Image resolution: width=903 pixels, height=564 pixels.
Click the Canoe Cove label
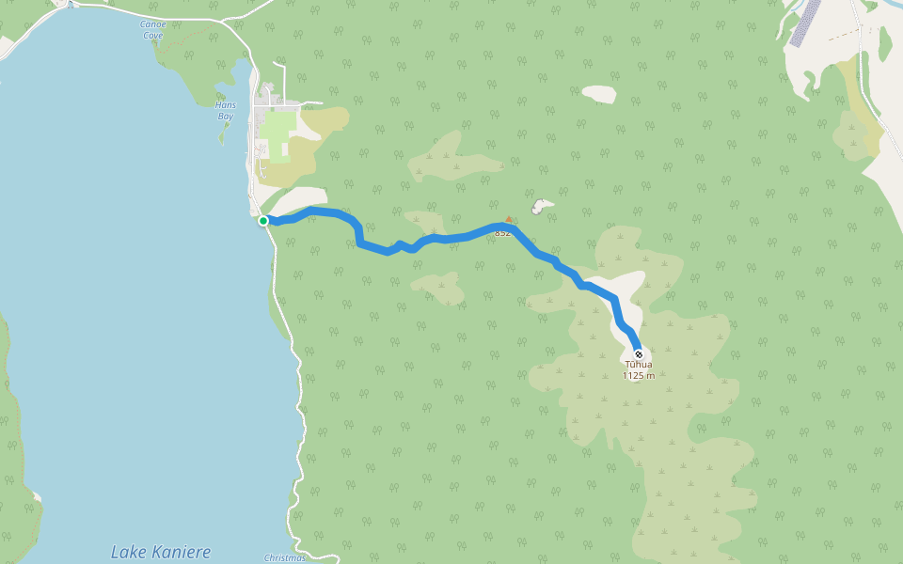[151, 30]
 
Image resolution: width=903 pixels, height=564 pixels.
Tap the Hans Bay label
[226, 111]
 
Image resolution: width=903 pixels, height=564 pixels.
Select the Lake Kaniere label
[161, 552]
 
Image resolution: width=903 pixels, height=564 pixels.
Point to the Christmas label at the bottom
[284, 557]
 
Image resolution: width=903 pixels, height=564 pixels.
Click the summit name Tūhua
[639, 365]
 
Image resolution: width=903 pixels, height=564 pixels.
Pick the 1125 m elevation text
[639, 376]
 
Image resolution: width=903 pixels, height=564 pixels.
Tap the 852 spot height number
[502, 233]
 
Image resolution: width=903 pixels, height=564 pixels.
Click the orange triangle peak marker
[509, 220]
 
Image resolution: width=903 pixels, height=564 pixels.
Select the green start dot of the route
[263, 221]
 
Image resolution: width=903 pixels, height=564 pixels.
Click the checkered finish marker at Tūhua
[639, 354]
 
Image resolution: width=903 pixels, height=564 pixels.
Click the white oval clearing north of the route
[599, 94]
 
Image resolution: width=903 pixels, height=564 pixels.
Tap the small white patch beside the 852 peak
[541, 206]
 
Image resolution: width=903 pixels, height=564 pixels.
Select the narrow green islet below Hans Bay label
[223, 133]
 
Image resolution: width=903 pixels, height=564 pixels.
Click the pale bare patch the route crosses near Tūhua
[626, 291]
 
